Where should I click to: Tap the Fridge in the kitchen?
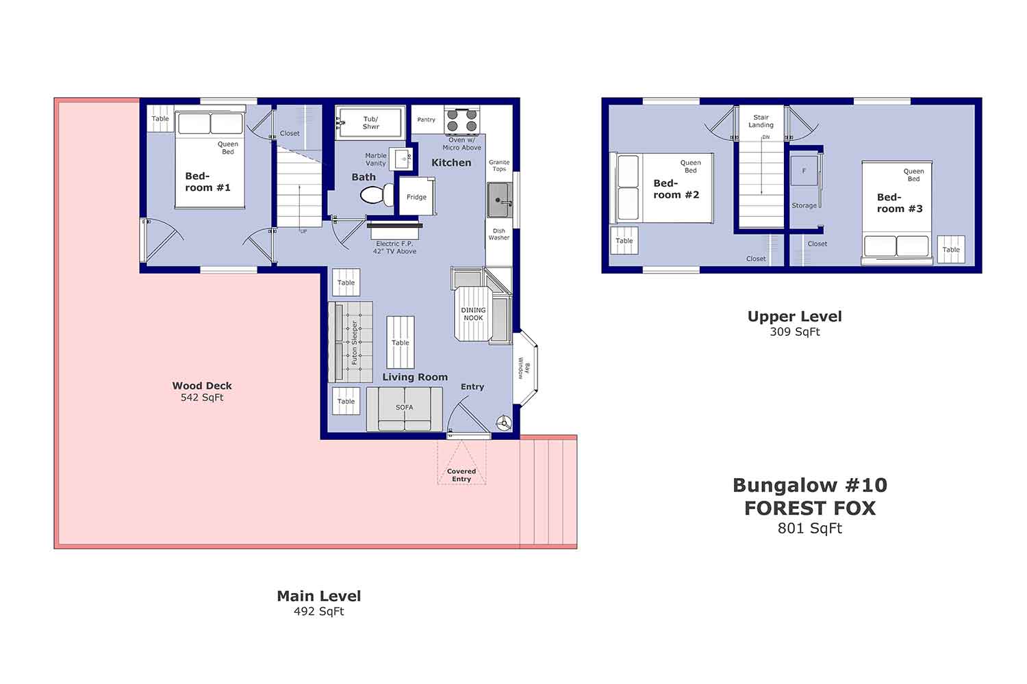tap(416, 197)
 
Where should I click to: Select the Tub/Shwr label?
tap(370, 123)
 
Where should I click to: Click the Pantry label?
tap(426, 120)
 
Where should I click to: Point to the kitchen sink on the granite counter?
tap(498, 200)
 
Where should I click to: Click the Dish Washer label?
tap(498, 234)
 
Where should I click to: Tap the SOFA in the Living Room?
tap(404, 408)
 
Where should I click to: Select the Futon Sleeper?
tap(351, 342)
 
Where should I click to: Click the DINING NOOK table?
tap(472, 314)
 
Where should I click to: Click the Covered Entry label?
tap(461, 475)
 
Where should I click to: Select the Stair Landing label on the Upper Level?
tap(761, 121)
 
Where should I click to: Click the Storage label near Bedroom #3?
tap(804, 205)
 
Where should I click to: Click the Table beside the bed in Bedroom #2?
tap(624, 241)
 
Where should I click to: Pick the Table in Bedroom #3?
tap(951, 250)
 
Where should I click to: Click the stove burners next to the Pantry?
tap(462, 121)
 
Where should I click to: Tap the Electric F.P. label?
tap(394, 244)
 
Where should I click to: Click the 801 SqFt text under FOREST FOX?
tap(809, 528)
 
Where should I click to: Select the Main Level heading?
tap(318, 596)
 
